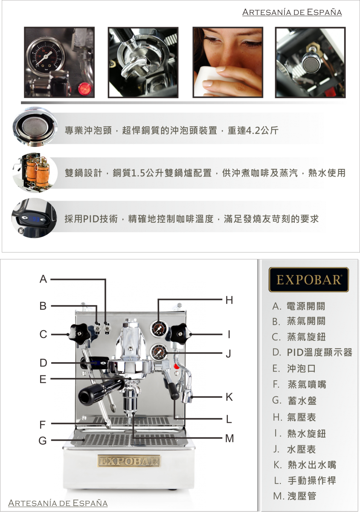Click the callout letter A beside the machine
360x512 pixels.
coord(43,279)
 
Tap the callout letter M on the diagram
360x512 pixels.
coord(229,438)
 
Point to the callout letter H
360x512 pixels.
coord(229,300)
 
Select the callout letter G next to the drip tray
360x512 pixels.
coord(43,440)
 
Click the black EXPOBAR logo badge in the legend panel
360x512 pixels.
coord(308,279)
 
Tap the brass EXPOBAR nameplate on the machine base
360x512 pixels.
coord(129,461)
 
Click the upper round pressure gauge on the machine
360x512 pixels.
coord(159,329)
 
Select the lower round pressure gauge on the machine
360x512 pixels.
coord(159,352)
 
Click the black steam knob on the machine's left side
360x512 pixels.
coord(79,334)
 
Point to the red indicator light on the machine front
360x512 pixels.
coord(177,367)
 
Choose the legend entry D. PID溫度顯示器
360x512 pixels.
coord(312,352)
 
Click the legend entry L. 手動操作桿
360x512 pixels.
coord(305,480)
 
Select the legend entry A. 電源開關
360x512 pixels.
coord(299,306)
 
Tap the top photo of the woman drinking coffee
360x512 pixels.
coord(228,62)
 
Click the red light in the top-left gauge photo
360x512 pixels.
coord(85,88)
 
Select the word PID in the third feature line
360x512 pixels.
coord(91,219)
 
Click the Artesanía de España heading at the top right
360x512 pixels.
coord(292,12)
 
